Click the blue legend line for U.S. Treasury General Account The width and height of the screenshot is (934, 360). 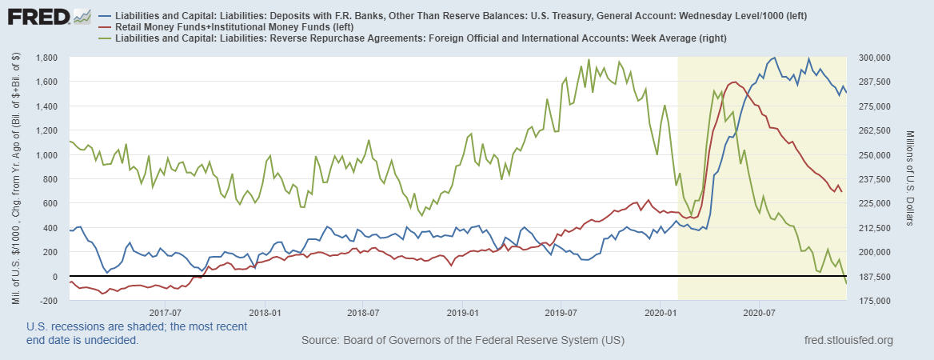pos(104,16)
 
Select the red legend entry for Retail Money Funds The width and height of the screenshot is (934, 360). pos(104,27)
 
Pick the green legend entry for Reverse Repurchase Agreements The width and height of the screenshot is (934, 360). pos(104,38)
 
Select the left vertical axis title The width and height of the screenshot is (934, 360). pos(16,179)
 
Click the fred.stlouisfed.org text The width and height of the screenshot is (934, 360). pos(848,341)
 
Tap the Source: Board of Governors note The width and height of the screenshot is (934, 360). pos(462,341)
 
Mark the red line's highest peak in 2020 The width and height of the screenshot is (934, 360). pos(734,82)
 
